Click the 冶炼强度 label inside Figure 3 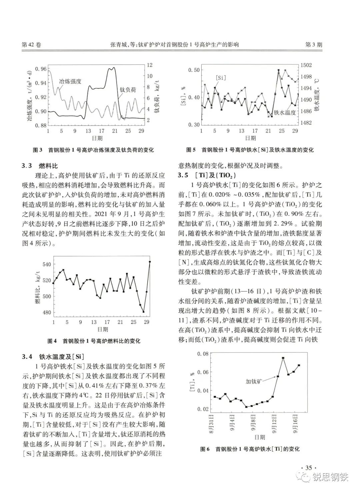(x=70, y=81)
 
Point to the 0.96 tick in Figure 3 (x=41, y=69)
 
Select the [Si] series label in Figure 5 (x=221, y=77)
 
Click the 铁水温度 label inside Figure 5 (x=285, y=112)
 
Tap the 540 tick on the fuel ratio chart (x=47, y=265)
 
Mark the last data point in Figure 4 (x=150, y=262)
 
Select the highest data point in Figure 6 (x=283, y=358)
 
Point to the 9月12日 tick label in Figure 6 (x=274, y=423)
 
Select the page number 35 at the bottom (x=308, y=468)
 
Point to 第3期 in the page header (x=314, y=45)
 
